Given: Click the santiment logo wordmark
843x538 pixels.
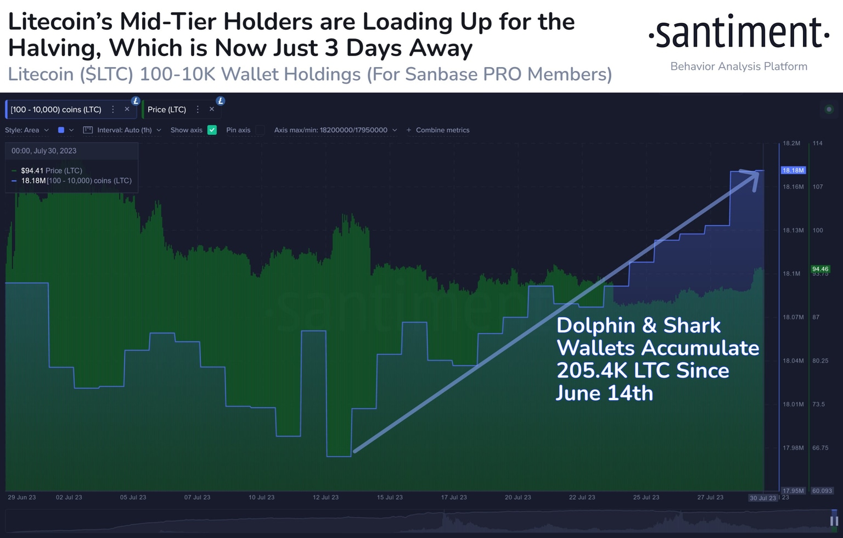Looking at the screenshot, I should pos(739,32).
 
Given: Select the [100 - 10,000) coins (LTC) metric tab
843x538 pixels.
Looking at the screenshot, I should pos(56,109).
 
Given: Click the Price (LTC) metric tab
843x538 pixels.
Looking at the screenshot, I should pos(167,109).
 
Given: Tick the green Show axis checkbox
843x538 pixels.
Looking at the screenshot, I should pos(212,130).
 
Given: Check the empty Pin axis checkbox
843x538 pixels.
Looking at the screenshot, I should pos(260,130).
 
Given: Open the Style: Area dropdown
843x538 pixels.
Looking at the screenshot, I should pos(27,130).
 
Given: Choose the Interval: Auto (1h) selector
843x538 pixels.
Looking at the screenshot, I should pos(124,130).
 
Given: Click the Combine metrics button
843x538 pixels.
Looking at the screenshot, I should pos(438,130).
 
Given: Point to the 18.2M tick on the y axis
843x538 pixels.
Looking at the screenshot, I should pos(791,143).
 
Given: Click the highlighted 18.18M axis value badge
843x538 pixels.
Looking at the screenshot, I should pos(793,170).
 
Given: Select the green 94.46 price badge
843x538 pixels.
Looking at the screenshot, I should pos(820,269).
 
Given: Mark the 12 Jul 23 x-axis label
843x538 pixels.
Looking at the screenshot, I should pos(325,497).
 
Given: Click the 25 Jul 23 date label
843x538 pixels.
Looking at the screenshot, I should pos(646,497).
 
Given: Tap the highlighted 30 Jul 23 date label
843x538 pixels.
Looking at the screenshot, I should pos(763,498).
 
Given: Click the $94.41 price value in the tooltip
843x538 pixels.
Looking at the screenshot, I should pos(32,171).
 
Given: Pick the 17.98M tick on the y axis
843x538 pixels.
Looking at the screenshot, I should pos(793,448).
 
